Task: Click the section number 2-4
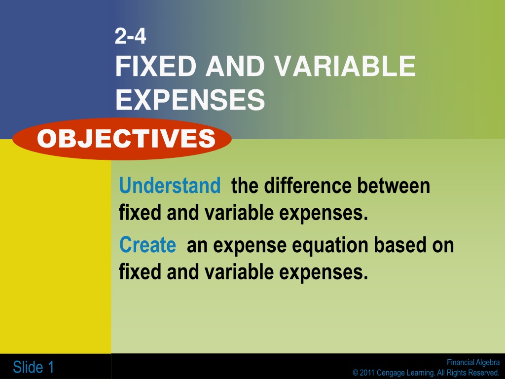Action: click(130, 36)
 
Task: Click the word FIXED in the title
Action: click(156, 66)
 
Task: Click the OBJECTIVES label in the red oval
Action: click(126, 139)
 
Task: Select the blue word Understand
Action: click(170, 186)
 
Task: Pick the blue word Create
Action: click(147, 245)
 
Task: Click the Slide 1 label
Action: click(33, 367)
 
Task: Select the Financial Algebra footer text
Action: click(473, 362)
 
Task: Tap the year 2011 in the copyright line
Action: click(367, 373)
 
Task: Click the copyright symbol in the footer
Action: click(355, 373)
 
